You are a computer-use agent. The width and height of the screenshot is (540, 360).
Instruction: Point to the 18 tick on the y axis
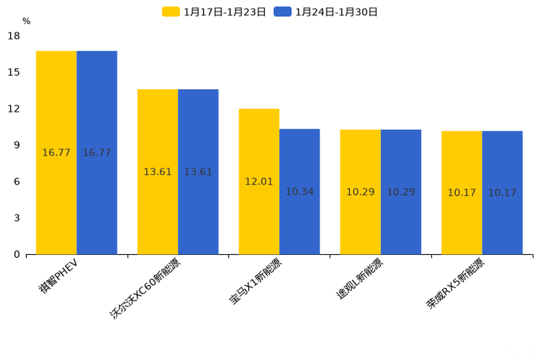tap(14, 36)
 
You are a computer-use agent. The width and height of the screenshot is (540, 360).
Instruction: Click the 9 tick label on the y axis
tap(17, 145)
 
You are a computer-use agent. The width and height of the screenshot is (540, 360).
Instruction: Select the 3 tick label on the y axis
tap(17, 218)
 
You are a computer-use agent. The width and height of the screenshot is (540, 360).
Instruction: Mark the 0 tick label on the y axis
tap(17, 254)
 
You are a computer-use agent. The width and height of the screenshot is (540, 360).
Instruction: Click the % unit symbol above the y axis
tap(26, 22)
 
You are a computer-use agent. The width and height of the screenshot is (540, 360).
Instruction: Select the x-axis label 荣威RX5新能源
tap(455, 285)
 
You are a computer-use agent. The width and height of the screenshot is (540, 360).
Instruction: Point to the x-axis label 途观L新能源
tap(359, 279)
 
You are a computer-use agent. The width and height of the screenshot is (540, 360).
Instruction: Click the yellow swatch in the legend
tap(171, 12)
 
